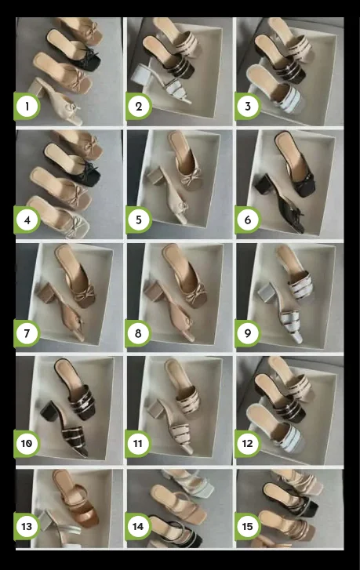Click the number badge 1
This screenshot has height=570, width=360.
pos(27,106)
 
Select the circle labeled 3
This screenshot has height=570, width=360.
pos(248,106)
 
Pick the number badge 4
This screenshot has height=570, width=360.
pos(27,220)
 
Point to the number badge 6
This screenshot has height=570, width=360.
pos(248,220)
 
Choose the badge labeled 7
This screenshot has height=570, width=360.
pos(27,333)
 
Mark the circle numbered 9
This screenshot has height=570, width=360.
pos(248,333)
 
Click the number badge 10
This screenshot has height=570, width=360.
pos(27,445)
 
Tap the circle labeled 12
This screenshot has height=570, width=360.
pos(248,445)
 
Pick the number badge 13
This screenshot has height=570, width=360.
pos(27,526)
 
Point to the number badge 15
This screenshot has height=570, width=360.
pos(248,526)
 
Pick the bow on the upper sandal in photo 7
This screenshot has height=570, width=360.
pos(84,292)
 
